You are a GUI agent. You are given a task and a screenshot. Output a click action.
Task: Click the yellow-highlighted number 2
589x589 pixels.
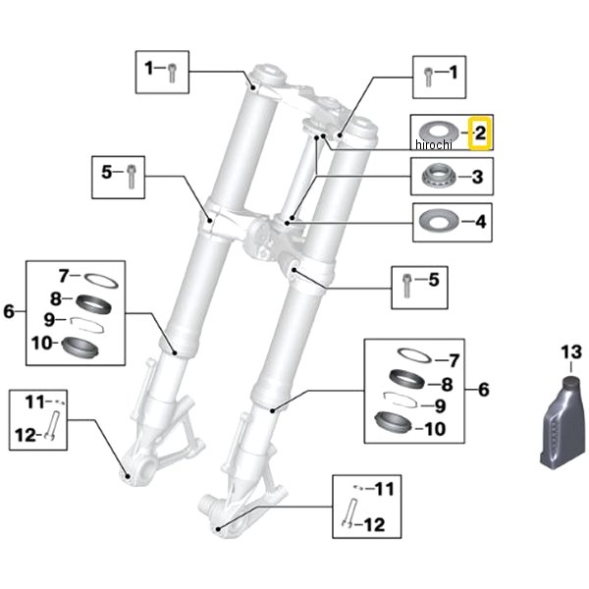[x=480, y=133]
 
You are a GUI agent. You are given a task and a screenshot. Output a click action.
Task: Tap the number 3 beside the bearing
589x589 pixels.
[x=477, y=177]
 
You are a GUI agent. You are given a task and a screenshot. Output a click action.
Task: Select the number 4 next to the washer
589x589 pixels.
[x=480, y=222]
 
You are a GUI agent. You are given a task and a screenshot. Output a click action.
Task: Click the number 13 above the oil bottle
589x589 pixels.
[x=571, y=352]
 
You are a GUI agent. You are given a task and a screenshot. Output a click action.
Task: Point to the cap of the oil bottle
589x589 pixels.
[x=571, y=381]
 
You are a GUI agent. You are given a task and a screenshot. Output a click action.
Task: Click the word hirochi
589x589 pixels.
[x=434, y=144]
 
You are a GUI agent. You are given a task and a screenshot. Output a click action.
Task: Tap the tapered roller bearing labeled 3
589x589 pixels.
[x=439, y=176]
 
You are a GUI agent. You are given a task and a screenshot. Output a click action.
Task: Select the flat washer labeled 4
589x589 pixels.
[x=439, y=221]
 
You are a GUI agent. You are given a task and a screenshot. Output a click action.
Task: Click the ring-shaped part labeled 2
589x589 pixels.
[x=438, y=133]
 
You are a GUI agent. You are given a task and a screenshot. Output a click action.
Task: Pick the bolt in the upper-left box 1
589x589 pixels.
[x=172, y=73]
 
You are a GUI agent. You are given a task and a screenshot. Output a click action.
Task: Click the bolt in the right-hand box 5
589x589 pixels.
[x=406, y=287]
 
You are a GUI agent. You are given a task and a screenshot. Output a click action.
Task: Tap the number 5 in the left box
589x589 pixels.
[x=107, y=172]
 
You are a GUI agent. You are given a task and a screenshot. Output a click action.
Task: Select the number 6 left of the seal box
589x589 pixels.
[x=9, y=311]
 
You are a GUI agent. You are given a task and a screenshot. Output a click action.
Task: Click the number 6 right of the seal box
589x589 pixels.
[x=483, y=390]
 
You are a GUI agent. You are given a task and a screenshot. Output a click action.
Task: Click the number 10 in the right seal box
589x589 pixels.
[x=435, y=429]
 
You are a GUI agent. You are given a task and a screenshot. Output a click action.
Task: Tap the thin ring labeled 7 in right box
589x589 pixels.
[x=413, y=355]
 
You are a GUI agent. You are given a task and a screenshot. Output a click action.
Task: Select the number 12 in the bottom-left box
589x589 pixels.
[x=26, y=435]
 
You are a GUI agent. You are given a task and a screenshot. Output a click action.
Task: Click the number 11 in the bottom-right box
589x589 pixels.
[x=384, y=489]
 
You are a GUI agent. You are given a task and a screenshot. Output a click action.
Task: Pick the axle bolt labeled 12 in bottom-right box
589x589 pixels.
[x=348, y=513]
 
